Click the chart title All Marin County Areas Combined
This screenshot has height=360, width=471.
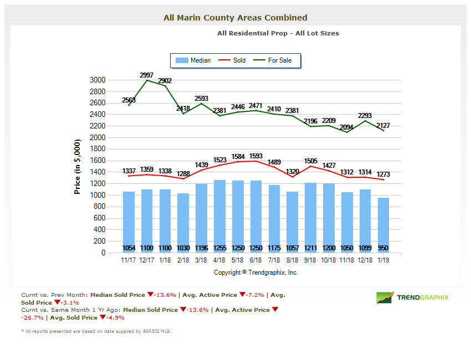(x=235, y=18)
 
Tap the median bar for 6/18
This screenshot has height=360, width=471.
(x=257, y=216)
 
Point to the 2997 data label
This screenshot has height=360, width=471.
(x=147, y=75)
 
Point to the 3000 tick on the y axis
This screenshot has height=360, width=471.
(x=98, y=80)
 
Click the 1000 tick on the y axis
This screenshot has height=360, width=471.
(x=98, y=195)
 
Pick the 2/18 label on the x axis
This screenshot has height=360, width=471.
(x=183, y=260)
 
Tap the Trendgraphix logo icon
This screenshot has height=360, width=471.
(x=385, y=298)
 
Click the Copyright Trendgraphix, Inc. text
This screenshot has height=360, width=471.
(x=256, y=272)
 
